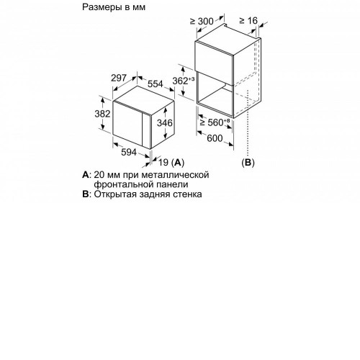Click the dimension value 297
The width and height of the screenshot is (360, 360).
point(119,78)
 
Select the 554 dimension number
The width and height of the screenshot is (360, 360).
point(156,84)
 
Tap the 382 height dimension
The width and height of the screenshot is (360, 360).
point(102,114)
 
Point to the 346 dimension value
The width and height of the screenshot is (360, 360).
point(165,123)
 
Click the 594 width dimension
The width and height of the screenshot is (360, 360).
point(129,152)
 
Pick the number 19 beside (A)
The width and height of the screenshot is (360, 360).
point(163,163)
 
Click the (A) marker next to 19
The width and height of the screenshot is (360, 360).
point(178,163)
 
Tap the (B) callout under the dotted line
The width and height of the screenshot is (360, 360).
point(248,163)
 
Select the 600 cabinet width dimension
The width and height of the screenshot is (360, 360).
point(215,138)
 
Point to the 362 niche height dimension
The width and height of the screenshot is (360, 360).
point(184,81)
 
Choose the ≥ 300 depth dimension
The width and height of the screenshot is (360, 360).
point(202,22)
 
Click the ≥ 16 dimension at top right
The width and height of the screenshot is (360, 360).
point(248,21)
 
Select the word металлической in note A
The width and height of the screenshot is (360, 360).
point(175,175)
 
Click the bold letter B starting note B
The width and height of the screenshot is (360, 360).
point(85,194)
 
